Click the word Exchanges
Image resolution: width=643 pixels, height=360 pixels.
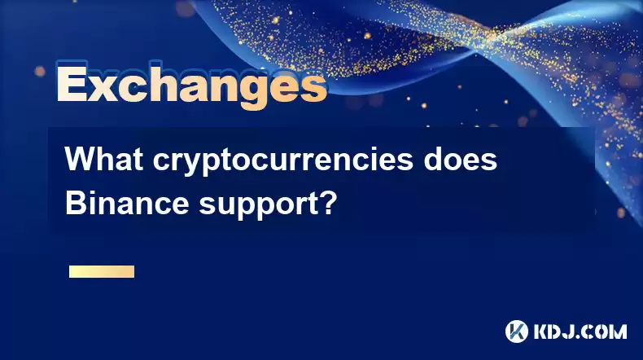[x=192, y=86]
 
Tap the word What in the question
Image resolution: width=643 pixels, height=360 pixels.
[x=104, y=160]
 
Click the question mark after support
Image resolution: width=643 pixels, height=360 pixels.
[x=327, y=203]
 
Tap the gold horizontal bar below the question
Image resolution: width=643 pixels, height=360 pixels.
[x=102, y=271]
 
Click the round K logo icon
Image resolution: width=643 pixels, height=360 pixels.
[x=517, y=331]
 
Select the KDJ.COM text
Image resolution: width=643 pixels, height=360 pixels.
[x=580, y=331]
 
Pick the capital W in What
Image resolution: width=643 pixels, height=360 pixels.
[x=82, y=160]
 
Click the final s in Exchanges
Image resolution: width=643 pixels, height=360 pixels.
[x=313, y=88]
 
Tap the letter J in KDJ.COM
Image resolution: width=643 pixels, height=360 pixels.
[x=568, y=331]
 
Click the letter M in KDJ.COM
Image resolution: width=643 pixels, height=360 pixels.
[x=618, y=331]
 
